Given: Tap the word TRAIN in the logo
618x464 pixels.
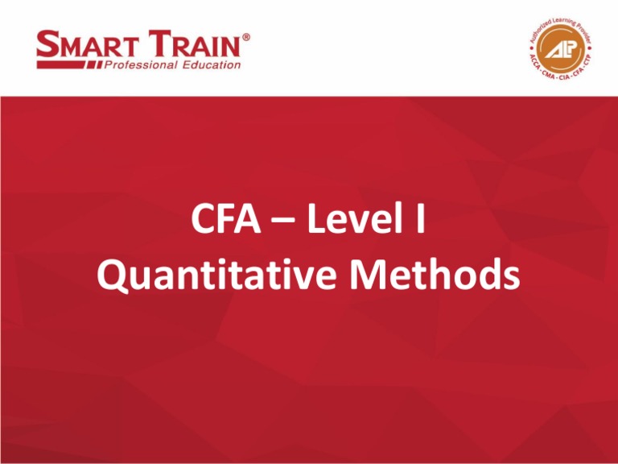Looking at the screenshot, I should click(x=190, y=45).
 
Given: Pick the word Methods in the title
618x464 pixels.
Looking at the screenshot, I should click(x=443, y=277).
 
